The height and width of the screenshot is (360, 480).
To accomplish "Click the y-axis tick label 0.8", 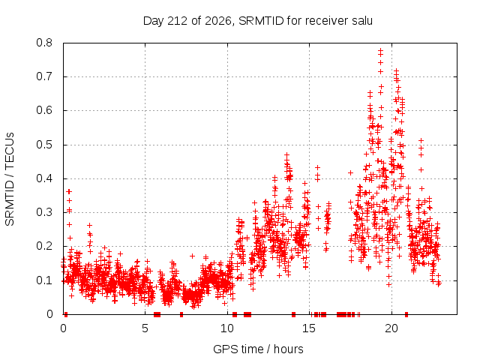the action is (x=44, y=43).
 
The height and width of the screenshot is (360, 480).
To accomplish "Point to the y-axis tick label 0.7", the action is (x=44, y=76).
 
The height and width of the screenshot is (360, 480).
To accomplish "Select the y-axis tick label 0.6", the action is (x=44, y=110).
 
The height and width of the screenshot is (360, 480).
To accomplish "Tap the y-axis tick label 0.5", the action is (x=44, y=145).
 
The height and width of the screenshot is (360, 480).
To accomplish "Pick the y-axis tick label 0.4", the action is (x=44, y=178).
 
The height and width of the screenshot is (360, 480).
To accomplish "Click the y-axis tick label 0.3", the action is (x=44, y=212).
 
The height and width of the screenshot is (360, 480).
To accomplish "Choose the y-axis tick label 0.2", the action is (x=44, y=247).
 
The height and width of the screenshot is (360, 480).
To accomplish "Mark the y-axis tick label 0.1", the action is (x=44, y=280).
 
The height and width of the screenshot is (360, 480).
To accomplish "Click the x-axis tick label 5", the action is (x=145, y=328).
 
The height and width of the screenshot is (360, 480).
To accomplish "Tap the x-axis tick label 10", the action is (x=227, y=328).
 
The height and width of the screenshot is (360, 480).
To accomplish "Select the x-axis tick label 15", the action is (x=309, y=328).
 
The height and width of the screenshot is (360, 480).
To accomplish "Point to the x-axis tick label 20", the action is (x=391, y=328).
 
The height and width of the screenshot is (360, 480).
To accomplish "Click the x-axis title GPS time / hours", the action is (x=258, y=349).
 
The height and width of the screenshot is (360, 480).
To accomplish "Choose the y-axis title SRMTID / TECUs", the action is (x=10, y=179).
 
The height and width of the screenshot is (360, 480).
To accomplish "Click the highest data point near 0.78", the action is (x=380, y=50).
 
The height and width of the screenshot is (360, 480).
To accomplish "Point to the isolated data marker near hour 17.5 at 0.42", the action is (x=350, y=173).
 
